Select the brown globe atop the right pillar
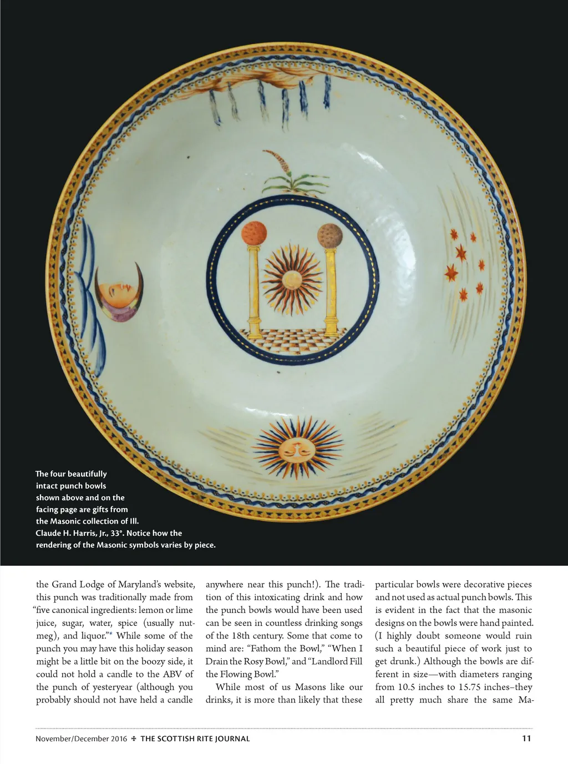coord(329,235)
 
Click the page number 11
coord(526,738)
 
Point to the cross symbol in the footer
coord(134,739)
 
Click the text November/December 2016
coord(81,739)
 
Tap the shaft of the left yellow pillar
coord(255,291)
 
